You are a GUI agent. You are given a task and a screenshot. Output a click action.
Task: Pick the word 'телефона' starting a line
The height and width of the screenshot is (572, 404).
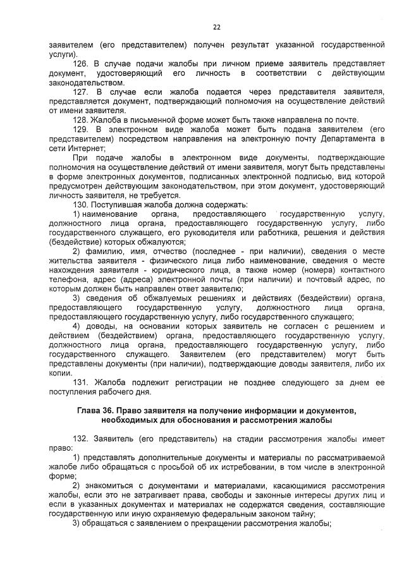coord(66,279)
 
